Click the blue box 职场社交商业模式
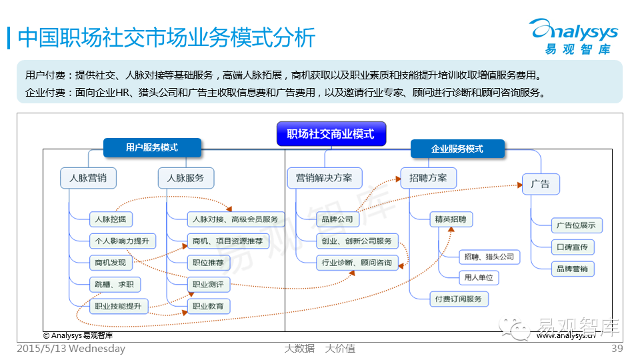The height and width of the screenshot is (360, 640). (331, 134)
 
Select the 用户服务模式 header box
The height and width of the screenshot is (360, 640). (152, 147)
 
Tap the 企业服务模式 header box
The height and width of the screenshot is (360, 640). (457, 149)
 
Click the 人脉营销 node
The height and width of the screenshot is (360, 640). (88, 179)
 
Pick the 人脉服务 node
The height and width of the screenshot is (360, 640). (186, 179)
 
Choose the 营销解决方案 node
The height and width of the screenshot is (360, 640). (325, 178)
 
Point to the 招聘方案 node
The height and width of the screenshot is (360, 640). (429, 178)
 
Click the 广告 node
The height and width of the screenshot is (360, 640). (541, 184)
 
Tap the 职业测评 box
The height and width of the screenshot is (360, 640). (207, 284)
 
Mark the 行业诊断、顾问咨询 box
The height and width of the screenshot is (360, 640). (357, 262)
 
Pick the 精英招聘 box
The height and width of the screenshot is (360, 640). (450, 219)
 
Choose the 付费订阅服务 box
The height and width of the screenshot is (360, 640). (458, 299)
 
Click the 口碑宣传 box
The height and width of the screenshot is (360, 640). (571, 247)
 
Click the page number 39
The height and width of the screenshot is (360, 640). (617, 349)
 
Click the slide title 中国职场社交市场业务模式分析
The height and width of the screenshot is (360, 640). (166, 37)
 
